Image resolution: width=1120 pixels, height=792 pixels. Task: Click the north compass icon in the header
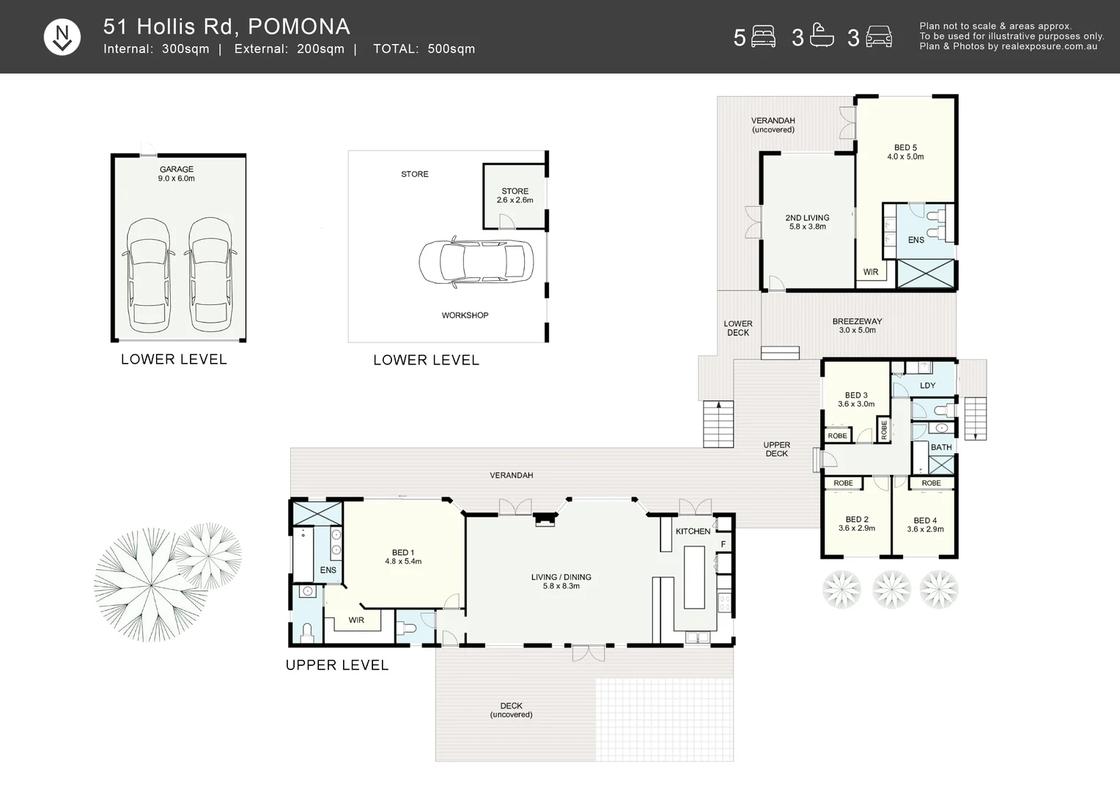pos(62,37)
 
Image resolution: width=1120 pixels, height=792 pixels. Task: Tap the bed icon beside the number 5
pos(763,37)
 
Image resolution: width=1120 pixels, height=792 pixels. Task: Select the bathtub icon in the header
pos(822,35)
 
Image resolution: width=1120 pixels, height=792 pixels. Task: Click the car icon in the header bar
pos(879,37)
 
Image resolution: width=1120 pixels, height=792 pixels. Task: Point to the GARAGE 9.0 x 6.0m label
pos(177,174)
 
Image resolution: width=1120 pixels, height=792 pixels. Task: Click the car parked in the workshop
pos(476,262)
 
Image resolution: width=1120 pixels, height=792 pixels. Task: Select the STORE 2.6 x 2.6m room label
pos(515,196)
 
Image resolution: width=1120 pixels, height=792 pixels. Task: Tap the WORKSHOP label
pos(465,315)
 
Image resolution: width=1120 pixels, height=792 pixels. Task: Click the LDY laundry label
pos(927,385)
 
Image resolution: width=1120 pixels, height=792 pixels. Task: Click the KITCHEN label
pos(693,532)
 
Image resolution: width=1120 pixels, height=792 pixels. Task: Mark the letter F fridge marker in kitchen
pos(723,544)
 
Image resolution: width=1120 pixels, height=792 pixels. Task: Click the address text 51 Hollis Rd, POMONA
pos(226,26)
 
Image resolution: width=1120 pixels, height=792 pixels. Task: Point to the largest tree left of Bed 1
pos(150,585)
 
